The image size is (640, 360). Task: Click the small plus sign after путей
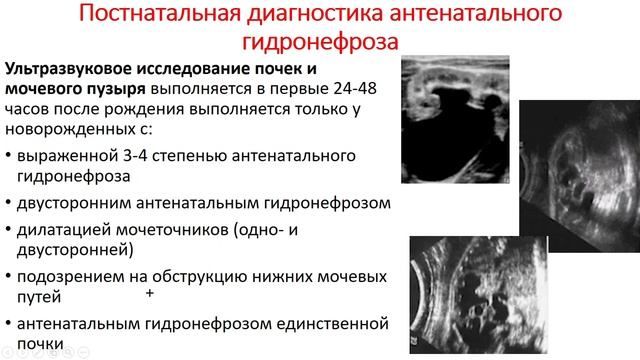point(150,294)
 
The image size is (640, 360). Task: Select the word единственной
point(328,321)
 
